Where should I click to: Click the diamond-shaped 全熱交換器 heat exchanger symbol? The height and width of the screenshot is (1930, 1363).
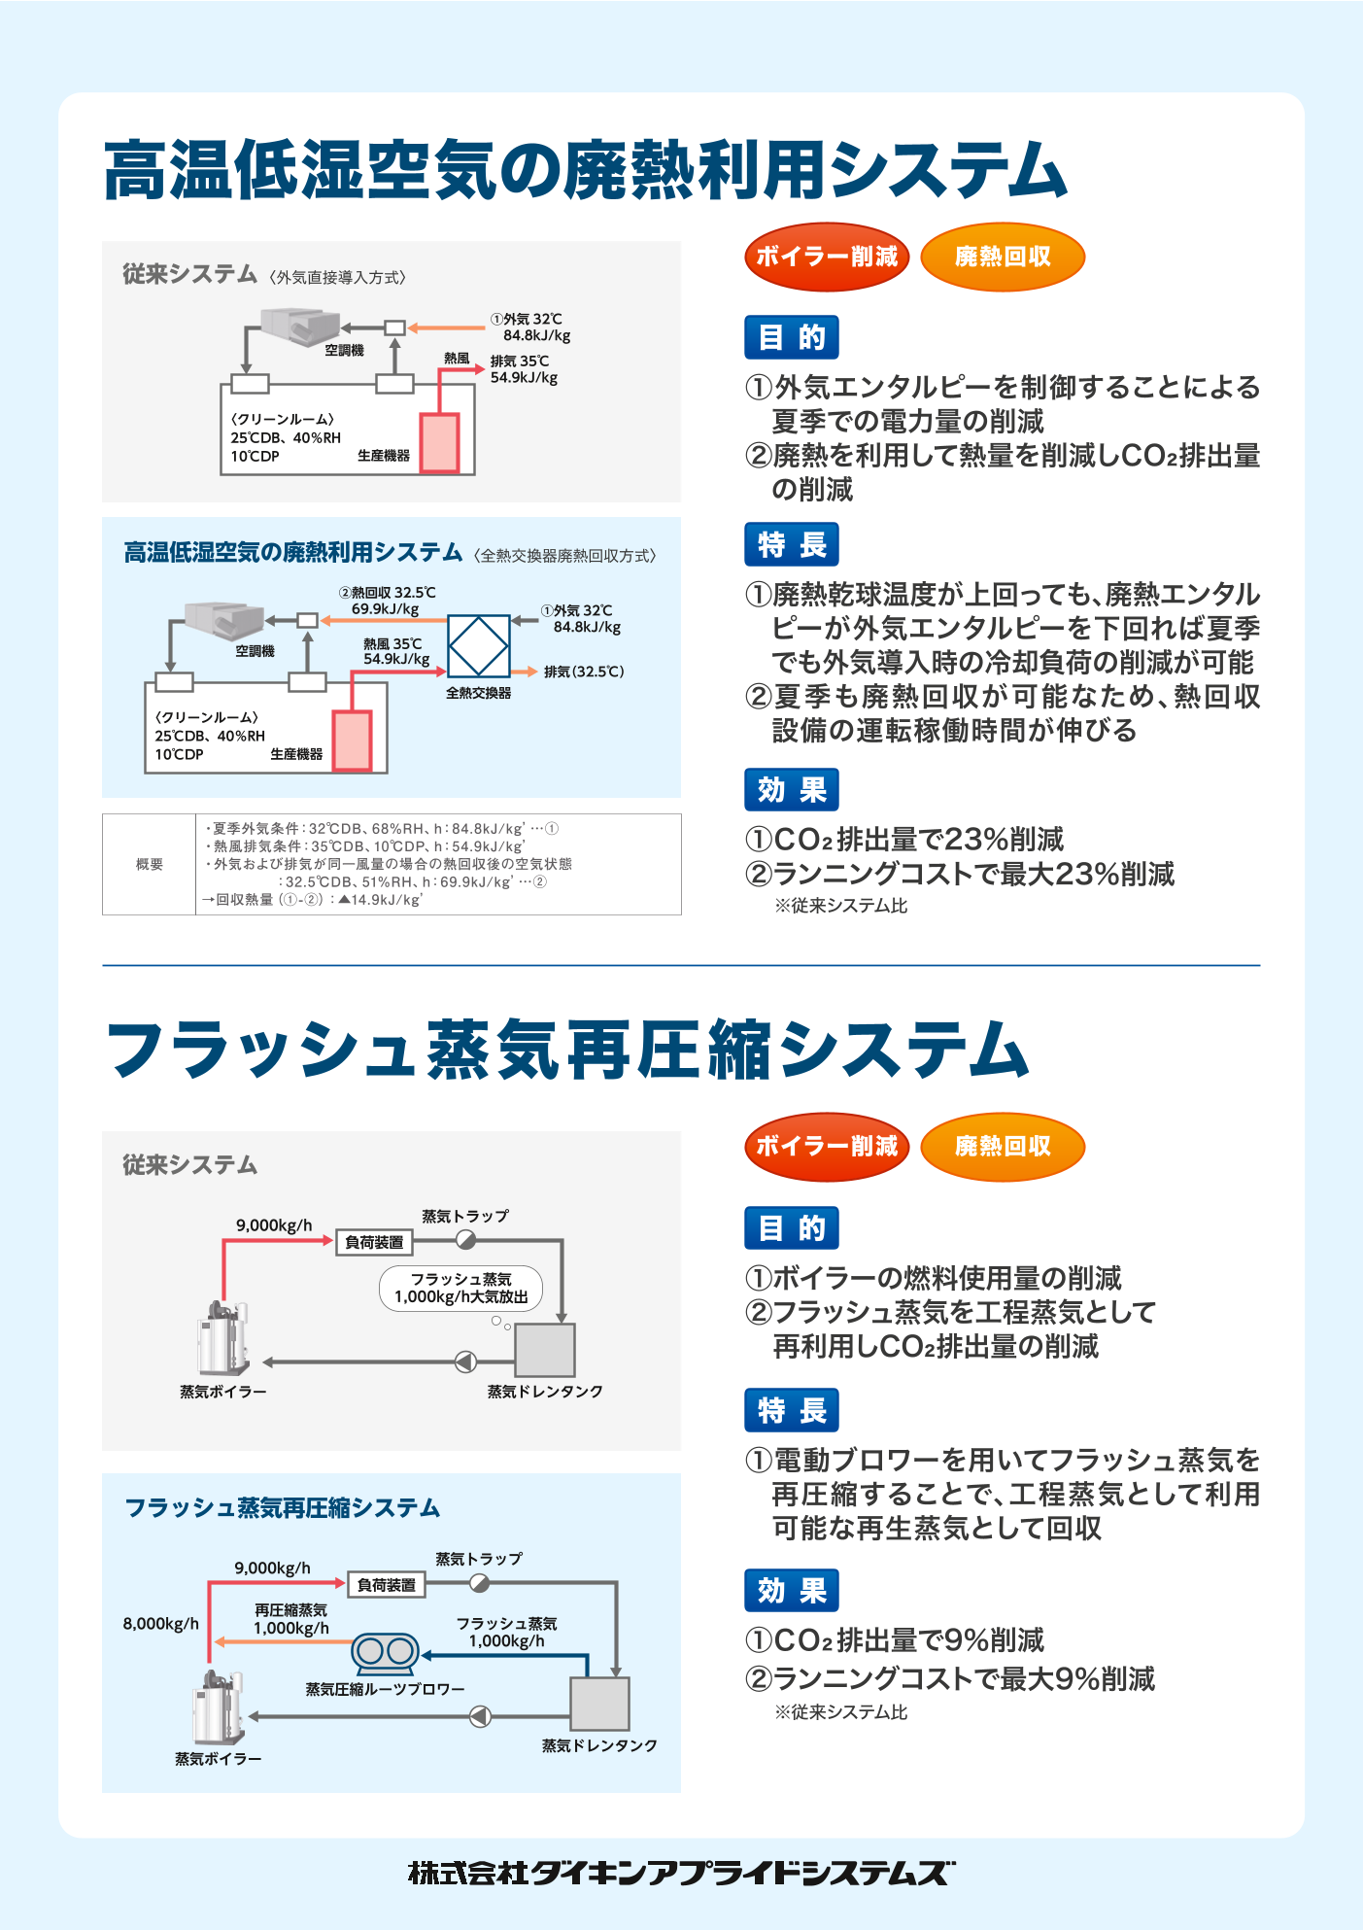[x=478, y=645]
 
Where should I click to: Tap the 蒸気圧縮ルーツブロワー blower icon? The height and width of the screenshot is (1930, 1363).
[x=385, y=1650]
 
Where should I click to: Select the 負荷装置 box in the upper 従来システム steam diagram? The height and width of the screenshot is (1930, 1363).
[x=374, y=1242]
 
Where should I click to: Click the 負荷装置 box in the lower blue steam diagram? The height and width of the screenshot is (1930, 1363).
[x=386, y=1585]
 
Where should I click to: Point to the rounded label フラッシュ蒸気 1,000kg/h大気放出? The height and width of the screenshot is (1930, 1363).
[x=460, y=1289]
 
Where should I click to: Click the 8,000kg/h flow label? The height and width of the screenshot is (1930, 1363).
[x=160, y=1624]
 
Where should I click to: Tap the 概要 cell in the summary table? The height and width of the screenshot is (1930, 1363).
[x=149, y=864]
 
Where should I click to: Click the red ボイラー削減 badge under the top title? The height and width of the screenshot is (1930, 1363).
[x=827, y=257]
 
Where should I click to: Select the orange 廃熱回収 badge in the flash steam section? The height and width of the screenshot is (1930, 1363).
[x=1002, y=1147]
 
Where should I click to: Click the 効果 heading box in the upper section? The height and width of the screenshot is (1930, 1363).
[x=791, y=789]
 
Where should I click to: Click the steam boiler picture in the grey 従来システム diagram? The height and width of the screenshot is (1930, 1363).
[x=222, y=1338]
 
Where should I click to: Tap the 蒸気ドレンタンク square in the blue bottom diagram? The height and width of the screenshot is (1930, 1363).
[x=599, y=1704]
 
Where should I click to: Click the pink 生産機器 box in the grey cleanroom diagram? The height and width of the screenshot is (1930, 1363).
[x=439, y=443]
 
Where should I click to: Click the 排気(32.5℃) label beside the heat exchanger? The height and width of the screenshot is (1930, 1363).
[x=583, y=672]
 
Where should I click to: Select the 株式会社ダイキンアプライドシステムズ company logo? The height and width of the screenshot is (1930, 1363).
[x=681, y=1873]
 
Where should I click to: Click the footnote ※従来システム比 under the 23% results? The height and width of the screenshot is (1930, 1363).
[x=840, y=906]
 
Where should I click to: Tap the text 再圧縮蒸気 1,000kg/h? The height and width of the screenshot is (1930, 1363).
[x=290, y=1619]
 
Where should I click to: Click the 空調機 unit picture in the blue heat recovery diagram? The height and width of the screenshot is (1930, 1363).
[x=225, y=619]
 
